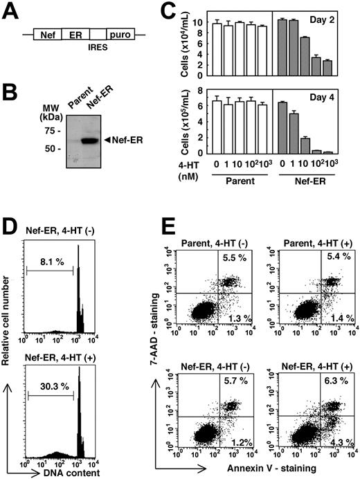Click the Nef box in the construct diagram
click(47, 33)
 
